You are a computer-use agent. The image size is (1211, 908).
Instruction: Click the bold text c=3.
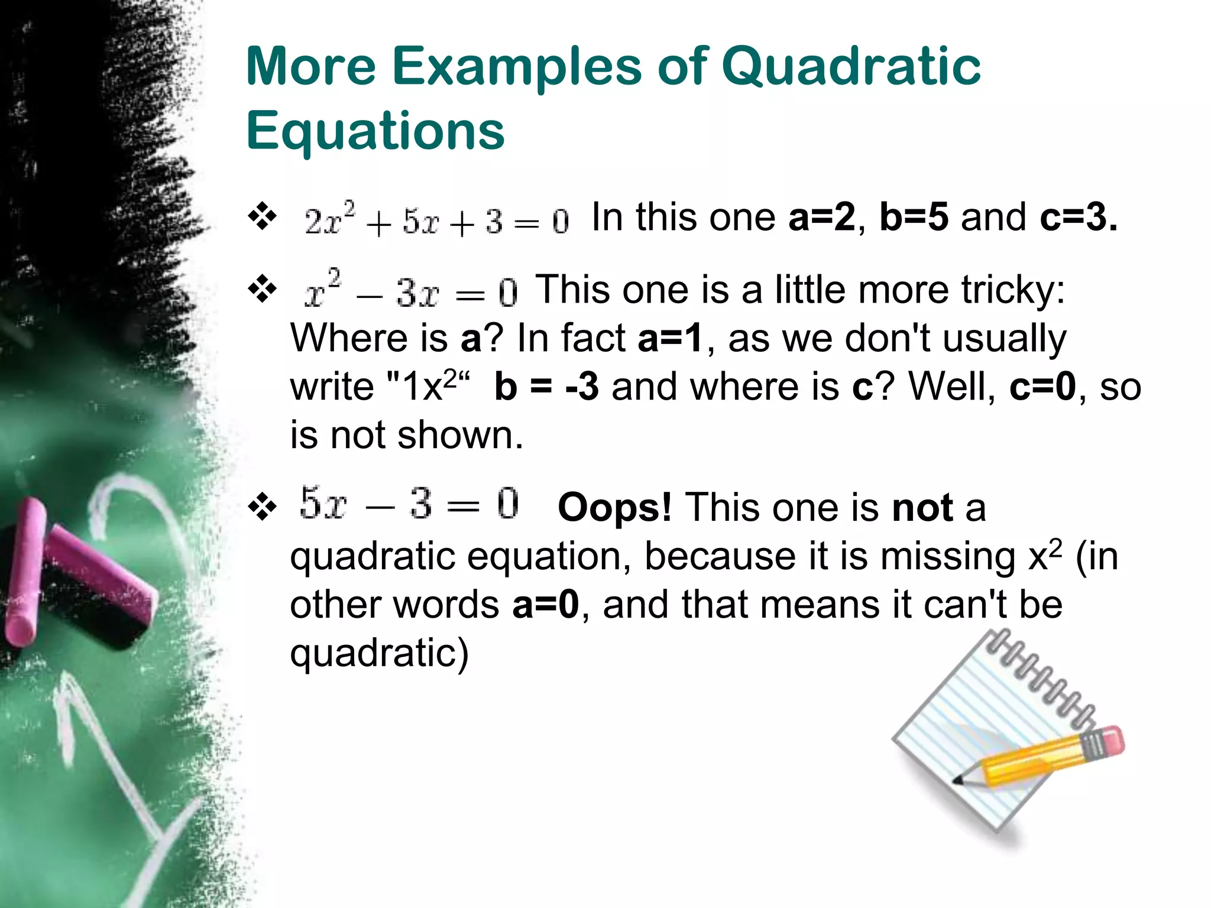tap(1078, 218)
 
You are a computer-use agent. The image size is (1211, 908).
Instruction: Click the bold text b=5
tap(914, 218)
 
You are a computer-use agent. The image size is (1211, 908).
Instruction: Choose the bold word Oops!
tap(614, 508)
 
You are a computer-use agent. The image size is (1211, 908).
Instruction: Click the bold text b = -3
tap(546, 387)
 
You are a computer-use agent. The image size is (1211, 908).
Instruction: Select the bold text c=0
tap(1042, 387)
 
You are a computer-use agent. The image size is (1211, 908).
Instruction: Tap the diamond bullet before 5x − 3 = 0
tap(263, 507)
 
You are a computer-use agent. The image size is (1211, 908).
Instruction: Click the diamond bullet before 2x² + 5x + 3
tap(263, 216)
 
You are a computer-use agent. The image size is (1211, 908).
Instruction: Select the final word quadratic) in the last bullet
tap(379, 654)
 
